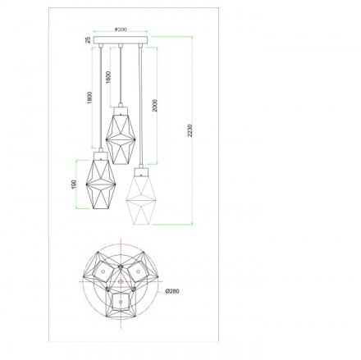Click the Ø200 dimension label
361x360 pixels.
121,29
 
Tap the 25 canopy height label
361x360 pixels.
88,40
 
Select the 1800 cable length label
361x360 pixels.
89,98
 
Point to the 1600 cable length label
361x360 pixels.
108,77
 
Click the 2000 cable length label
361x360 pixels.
155,106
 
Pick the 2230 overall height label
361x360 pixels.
190,130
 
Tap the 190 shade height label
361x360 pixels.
74,184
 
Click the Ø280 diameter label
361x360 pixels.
172,291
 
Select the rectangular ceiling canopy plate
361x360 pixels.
121,40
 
